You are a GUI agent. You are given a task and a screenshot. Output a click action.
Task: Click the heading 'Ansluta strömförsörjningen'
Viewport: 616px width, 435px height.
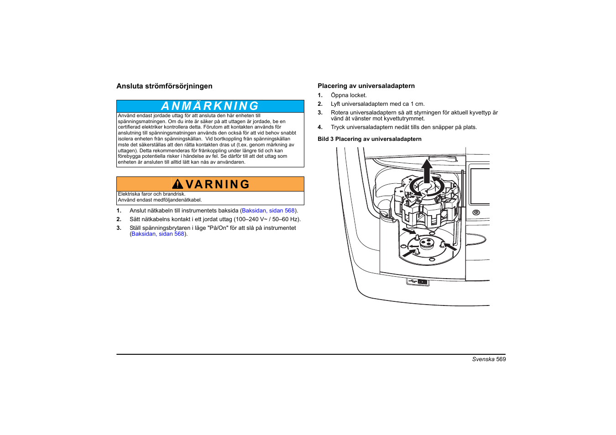click(x=164, y=86)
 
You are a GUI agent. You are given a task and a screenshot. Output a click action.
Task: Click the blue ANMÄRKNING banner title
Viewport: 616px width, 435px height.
click(x=210, y=106)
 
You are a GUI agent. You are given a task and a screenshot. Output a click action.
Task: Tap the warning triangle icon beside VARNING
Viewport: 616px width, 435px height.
click(x=177, y=184)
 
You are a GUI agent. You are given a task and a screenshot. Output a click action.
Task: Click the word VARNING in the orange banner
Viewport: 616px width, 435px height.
click(x=218, y=184)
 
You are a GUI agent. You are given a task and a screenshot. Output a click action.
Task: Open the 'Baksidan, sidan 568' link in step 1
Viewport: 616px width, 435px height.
click(x=268, y=211)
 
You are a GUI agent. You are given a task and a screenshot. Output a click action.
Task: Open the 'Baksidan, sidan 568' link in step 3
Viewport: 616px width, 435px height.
click(x=158, y=234)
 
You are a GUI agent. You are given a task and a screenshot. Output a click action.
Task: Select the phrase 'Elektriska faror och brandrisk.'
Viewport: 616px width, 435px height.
click(x=151, y=194)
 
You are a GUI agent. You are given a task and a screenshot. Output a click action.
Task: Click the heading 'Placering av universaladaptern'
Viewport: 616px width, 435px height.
click(x=366, y=86)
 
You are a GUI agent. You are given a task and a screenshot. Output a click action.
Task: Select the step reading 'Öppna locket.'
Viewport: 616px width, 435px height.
click(x=349, y=95)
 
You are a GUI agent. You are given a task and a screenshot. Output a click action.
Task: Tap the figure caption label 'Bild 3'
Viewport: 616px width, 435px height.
click(x=326, y=139)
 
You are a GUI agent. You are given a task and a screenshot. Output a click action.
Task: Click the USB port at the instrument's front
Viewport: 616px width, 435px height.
click(x=418, y=282)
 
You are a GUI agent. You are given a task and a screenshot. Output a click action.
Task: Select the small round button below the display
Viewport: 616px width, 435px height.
click(x=476, y=212)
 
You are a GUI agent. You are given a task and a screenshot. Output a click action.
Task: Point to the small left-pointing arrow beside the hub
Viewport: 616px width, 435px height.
click(x=413, y=246)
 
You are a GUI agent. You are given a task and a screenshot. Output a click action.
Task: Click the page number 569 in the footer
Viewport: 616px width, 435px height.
click(x=501, y=359)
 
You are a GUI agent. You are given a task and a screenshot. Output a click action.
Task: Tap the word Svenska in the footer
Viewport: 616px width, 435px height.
click(x=483, y=359)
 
